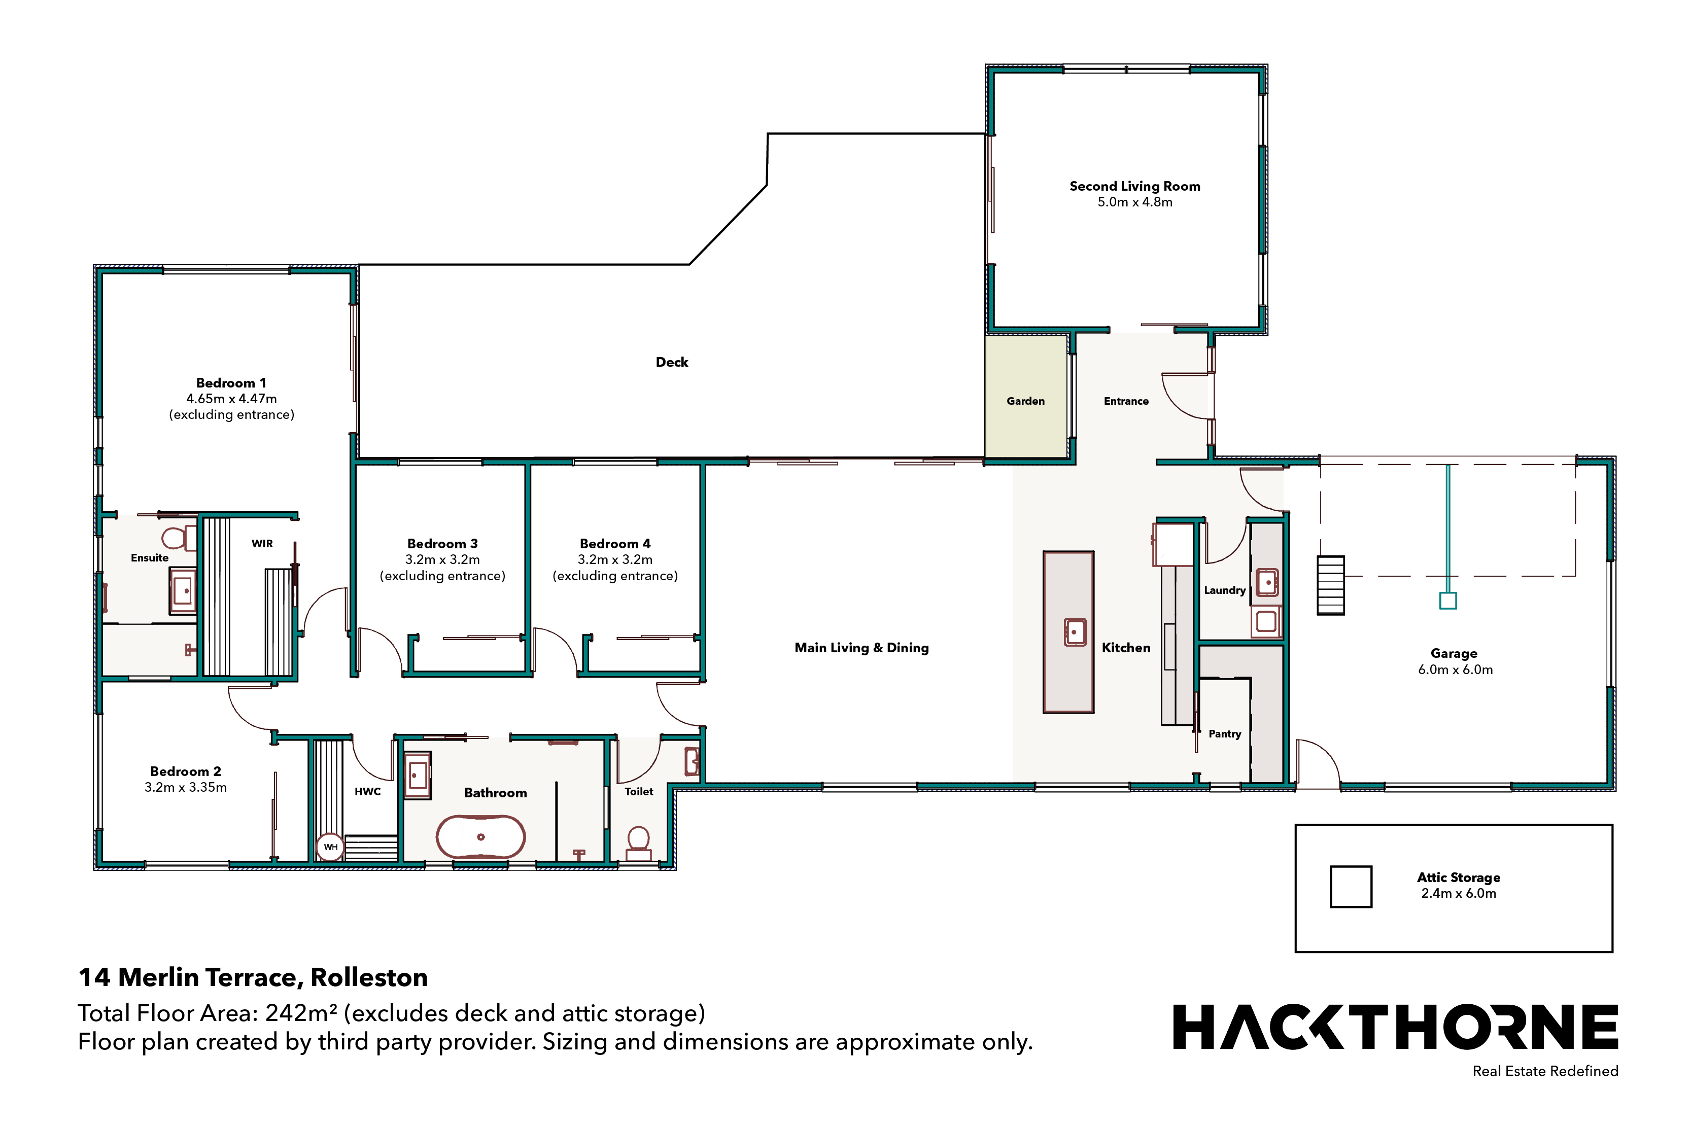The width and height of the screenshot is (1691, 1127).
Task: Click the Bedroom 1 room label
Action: (x=231, y=383)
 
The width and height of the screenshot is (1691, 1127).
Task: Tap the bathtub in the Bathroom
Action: (x=481, y=836)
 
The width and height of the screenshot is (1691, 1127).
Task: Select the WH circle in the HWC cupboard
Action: (x=330, y=847)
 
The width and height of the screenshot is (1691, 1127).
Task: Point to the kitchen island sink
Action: (x=1075, y=632)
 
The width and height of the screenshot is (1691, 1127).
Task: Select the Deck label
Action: (x=672, y=362)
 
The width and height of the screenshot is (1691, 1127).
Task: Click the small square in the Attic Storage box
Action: (x=1351, y=887)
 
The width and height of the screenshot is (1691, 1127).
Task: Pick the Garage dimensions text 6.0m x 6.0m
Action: (x=1455, y=670)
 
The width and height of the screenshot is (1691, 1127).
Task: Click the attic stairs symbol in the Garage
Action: (x=1331, y=585)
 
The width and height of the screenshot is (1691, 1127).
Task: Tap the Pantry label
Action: (x=1224, y=734)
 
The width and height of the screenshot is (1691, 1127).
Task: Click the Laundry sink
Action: (x=1267, y=582)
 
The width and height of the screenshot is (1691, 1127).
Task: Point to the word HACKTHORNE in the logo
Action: (x=1396, y=1027)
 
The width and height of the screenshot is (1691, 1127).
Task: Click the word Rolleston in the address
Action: (x=369, y=977)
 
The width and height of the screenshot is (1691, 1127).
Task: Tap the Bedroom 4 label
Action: (x=615, y=544)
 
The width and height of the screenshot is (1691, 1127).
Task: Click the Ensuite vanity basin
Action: (x=183, y=591)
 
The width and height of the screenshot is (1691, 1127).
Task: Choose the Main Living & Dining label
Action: (x=861, y=648)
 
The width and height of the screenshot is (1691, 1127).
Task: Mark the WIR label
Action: (x=262, y=543)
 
